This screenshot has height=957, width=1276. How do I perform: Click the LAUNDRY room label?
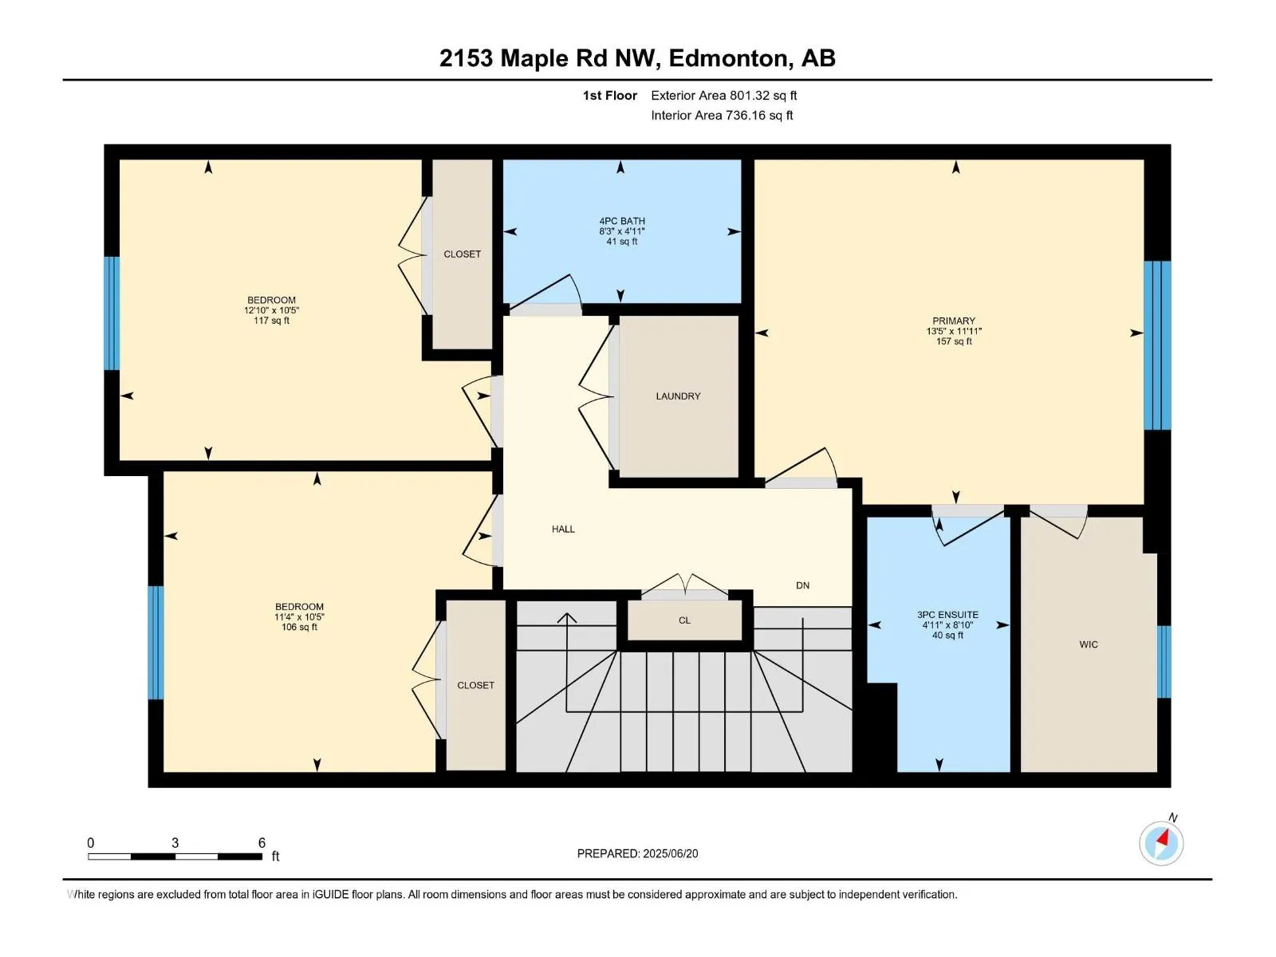point(678,396)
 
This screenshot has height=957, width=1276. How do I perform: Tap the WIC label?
point(1089,644)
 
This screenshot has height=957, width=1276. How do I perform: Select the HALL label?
point(563,529)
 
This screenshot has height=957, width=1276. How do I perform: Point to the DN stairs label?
point(803,585)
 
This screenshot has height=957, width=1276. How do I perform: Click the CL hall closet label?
point(685,620)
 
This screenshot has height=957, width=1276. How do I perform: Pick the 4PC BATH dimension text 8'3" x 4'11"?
point(622,231)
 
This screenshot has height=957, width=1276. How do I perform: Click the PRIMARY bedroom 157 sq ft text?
point(954,341)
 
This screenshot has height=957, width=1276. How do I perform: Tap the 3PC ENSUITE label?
point(947,614)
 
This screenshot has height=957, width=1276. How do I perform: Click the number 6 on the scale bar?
point(262,842)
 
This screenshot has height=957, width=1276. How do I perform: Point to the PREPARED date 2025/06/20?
point(670,853)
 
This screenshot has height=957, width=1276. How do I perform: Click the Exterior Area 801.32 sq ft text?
point(724,95)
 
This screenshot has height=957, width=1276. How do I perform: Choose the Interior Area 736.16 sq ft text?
point(722,115)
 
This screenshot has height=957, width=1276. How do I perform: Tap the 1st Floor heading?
point(610,95)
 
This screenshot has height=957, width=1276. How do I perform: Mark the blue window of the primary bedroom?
point(1157,345)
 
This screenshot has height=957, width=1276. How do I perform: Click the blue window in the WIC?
point(1164,661)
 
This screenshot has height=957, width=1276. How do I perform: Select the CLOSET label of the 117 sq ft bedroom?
point(462,254)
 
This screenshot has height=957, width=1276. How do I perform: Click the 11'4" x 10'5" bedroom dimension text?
point(299,616)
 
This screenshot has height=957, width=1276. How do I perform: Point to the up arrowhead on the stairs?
point(567,617)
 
